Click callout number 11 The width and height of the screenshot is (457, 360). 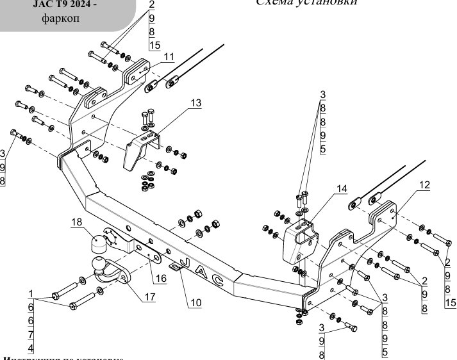tap(169, 57)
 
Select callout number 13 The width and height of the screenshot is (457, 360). tap(195, 102)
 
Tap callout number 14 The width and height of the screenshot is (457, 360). tap(342, 189)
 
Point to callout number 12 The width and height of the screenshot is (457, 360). tap(424, 185)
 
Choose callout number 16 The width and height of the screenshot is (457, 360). tap(160, 278)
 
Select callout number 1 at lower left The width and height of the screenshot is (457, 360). tap(30, 293)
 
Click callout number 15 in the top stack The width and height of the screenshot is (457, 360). tap(154, 45)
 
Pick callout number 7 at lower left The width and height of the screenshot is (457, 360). tap(30, 334)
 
